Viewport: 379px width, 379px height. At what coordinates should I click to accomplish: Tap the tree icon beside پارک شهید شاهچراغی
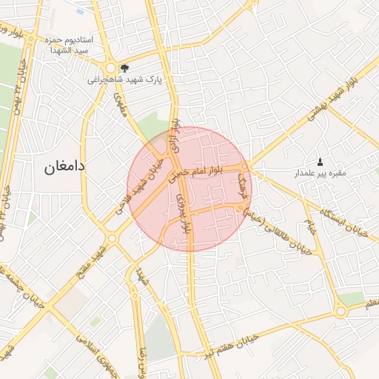124,67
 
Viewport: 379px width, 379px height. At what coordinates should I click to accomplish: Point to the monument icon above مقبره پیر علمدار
320,161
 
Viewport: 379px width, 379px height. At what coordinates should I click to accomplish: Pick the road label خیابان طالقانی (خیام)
284,226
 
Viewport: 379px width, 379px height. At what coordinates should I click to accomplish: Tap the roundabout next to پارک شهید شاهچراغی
111,66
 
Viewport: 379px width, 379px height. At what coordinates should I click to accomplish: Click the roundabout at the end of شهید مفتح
112,238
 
